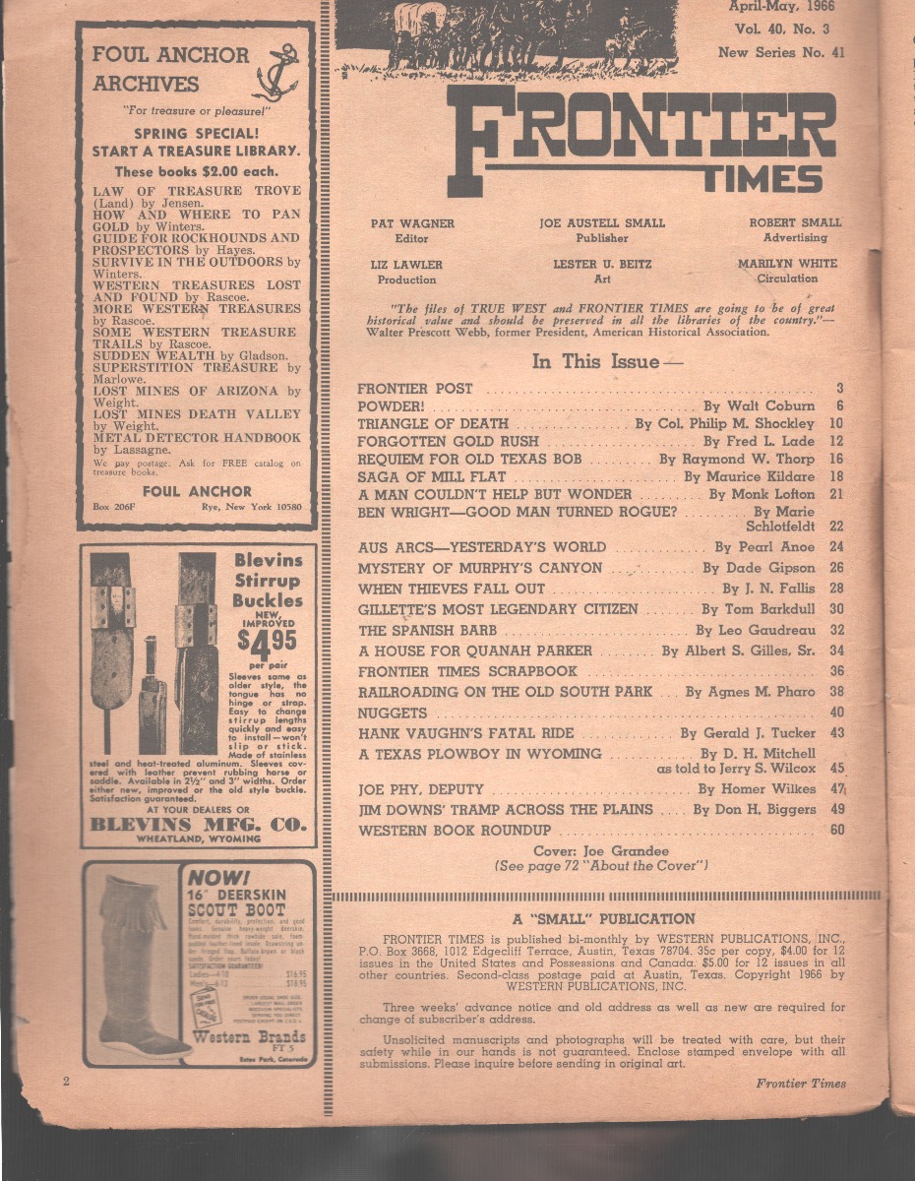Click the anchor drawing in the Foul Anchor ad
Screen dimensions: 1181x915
click(x=276, y=71)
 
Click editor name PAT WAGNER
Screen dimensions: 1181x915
click(x=412, y=223)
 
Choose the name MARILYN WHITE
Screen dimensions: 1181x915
click(x=787, y=264)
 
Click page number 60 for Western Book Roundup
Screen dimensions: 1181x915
click(x=836, y=830)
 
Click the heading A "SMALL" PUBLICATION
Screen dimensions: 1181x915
click(x=603, y=919)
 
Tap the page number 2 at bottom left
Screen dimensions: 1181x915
click(x=66, y=1083)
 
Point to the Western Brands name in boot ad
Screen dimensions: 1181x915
click(x=249, y=1038)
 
